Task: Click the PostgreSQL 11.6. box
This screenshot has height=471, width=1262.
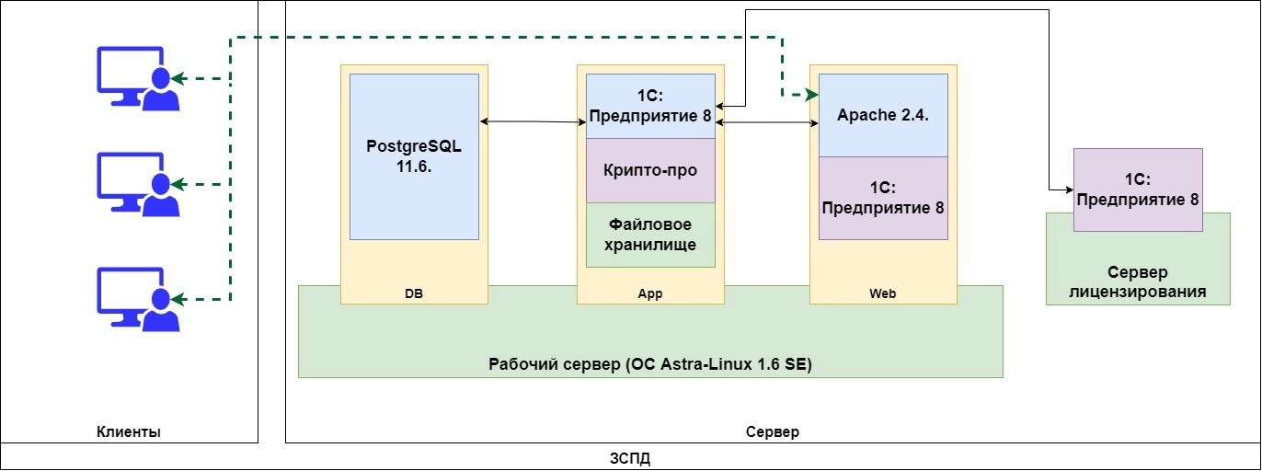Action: click(414, 156)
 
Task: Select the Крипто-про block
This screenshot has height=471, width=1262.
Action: click(650, 170)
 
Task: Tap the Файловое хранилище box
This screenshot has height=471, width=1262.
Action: click(650, 235)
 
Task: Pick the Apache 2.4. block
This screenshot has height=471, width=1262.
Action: click(883, 116)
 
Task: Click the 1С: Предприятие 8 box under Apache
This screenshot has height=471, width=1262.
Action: click(883, 198)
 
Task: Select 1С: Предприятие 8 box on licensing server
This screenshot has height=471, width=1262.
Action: click(1138, 189)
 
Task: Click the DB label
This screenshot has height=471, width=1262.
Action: click(414, 294)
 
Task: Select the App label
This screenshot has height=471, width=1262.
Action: click(650, 294)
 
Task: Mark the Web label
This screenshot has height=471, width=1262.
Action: click(882, 294)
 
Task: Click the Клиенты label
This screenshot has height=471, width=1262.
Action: click(129, 431)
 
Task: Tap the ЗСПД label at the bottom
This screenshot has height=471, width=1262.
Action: click(631, 457)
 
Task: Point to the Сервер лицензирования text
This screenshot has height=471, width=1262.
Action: click(1138, 282)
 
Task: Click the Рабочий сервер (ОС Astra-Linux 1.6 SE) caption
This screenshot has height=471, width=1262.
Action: click(650, 364)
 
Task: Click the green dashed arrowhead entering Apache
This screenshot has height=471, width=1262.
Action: click(811, 95)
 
